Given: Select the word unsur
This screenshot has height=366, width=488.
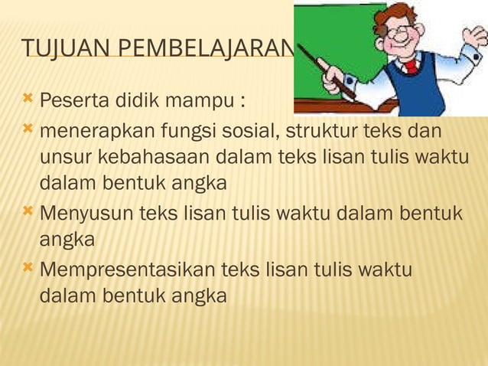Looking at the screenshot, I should [x=64, y=158].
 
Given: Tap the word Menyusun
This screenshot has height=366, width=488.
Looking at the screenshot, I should [x=85, y=212].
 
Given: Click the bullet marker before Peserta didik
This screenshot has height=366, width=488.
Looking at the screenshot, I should [x=28, y=100].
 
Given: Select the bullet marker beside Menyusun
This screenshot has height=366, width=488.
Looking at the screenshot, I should [x=28, y=211].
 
